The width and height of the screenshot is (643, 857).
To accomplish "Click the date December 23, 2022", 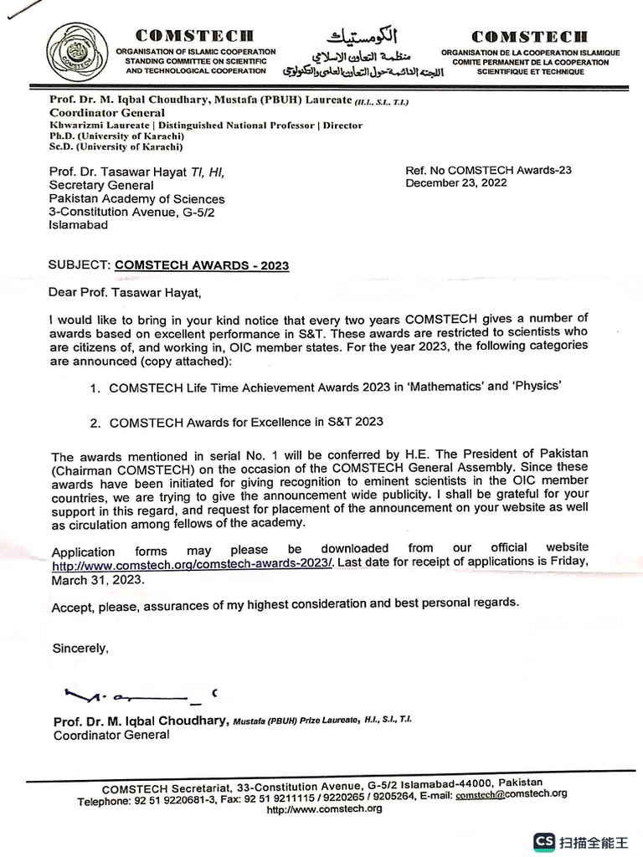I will pyautogui.click(x=455, y=183).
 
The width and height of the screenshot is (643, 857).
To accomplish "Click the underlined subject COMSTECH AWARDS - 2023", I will pyautogui.click(x=201, y=265).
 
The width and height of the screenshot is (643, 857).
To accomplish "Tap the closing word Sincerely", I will pyautogui.click(x=80, y=648).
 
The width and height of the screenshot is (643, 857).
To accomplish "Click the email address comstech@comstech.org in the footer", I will pyautogui.click(x=512, y=793).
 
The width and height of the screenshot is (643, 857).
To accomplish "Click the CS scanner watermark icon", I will pyautogui.click(x=546, y=840).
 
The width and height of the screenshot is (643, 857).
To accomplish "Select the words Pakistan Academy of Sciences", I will pyautogui.click(x=137, y=199).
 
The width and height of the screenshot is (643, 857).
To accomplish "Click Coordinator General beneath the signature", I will pyautogui.click(x=111, y=736).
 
